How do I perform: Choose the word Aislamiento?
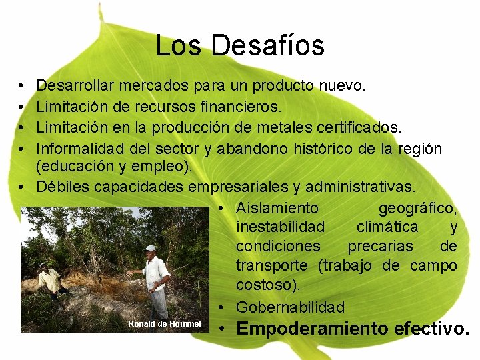coord(277,208)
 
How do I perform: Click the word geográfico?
coord(417,208)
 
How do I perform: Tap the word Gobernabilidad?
coord(290,307)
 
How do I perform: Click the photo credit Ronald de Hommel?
coord(164,324)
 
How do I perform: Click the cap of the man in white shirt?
coord(151,248)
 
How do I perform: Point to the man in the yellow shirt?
coord(50,279)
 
